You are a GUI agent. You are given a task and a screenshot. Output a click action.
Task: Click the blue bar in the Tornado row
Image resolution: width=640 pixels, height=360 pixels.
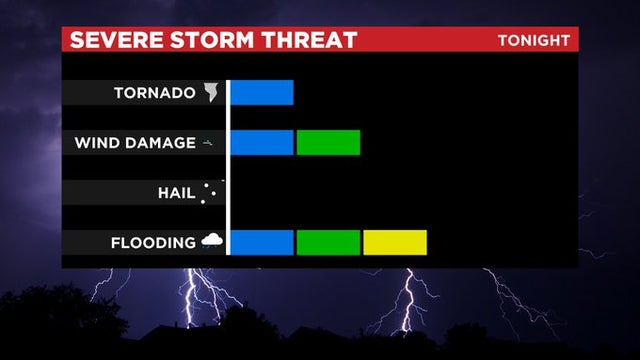(x=261, y=92)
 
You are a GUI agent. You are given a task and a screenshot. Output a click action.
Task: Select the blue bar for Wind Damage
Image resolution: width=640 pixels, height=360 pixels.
(x=261, y=142)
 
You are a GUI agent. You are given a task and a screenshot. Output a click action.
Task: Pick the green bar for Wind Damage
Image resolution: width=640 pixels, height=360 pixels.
(x=328, y=142)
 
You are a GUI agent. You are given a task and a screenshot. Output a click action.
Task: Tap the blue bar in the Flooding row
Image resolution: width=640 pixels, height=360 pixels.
(x=261, y=242)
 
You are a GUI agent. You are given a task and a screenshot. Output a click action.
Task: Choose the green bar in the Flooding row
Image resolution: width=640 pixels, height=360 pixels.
(x=328, y=242)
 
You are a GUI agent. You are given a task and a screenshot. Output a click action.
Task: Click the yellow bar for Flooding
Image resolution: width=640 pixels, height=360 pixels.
(x=395, y=242)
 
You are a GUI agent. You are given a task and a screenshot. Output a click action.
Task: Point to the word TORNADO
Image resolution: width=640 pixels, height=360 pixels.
(x=154, y=93)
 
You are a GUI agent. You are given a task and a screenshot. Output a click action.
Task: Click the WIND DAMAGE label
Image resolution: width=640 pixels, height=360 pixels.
(x=135, y=143)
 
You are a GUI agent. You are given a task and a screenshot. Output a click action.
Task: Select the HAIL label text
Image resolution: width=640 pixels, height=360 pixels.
(x=175, y=193)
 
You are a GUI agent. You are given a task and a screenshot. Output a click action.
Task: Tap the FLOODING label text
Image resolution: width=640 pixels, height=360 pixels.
(x=153, y=243)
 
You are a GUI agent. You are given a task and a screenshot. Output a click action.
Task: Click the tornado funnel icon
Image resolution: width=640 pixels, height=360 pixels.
(x=211, y=92)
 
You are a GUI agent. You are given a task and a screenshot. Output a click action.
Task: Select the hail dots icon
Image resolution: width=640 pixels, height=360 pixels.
(x=208, y=192)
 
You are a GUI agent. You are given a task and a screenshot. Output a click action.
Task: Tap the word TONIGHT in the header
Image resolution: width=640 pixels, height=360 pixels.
(x=534, y=40)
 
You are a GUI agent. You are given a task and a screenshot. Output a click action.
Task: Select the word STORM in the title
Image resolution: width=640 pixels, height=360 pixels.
(x=209, y=40)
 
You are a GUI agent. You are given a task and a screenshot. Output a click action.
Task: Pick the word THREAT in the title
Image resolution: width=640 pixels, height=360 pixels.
(x=309, y=40)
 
